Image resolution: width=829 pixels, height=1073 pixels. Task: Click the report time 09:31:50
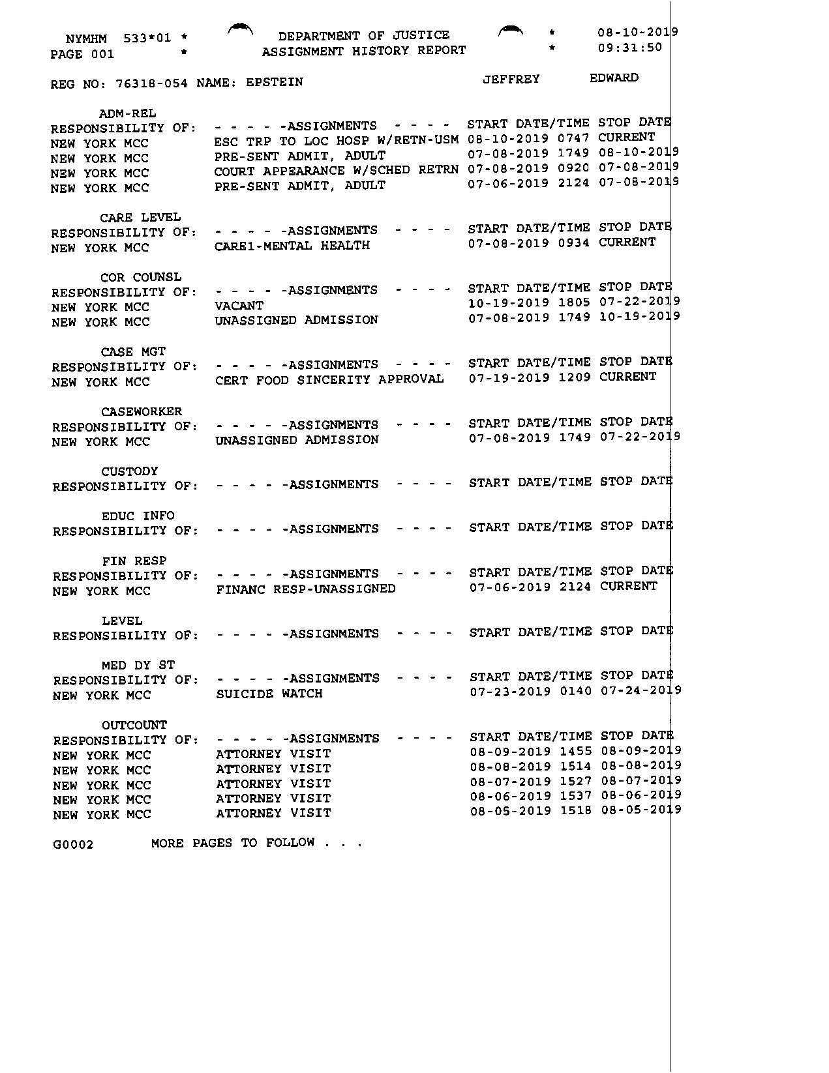click(x=629, y=48)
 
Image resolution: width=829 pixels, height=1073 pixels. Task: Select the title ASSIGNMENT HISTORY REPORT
click(x=364, y=51)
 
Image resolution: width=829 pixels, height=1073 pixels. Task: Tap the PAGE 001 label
click(x=82, y=54)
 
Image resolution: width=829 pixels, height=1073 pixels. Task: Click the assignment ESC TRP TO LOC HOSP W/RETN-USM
click(x=336, y=140)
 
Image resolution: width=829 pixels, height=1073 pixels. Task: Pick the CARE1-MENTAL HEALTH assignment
click(x=292, y=246)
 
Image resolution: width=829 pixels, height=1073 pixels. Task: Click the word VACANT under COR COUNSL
click(x=239, y=306)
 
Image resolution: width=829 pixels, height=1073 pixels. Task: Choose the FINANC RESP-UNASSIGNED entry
click(x=305, y=589)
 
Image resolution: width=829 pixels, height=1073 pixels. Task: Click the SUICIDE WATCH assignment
click(x=269, y=694)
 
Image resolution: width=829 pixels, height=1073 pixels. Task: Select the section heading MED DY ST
click(x=138, y=665)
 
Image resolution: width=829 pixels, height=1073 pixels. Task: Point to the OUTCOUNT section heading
click(x=134, y=725)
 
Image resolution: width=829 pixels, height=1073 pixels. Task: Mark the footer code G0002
click(x=73, y=845)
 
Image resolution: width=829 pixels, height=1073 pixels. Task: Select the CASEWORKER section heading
click(x=142, y=411)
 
